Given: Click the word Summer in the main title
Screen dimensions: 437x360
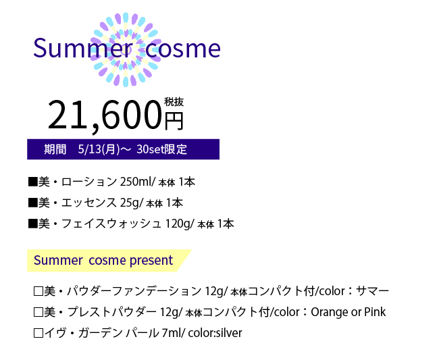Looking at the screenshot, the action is click(83, 48).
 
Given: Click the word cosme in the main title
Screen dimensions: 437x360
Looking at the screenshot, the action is click(183, 49).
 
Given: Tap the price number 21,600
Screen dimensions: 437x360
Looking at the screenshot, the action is click(105, 115).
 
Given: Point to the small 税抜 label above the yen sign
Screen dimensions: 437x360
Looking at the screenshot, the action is click(174, 102).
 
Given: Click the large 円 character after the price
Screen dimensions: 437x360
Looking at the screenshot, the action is click(174, 121).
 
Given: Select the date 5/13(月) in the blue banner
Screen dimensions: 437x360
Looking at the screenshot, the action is click(99, 149).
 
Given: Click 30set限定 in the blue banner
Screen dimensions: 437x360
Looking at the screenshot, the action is click(161, 149).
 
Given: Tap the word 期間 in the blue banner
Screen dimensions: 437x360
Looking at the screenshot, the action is click(55, 149).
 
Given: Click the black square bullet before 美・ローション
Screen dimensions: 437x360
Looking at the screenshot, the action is click(33, 182).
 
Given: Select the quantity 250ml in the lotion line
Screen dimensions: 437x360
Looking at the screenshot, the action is click(136, 182).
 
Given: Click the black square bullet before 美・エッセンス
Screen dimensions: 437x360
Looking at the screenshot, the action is click(33, 203).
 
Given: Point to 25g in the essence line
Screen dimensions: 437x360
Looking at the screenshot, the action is click(130, 203).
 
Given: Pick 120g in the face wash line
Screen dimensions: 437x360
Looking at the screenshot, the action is click(178, 224).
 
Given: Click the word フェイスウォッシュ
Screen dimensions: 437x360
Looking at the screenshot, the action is click(111, 224).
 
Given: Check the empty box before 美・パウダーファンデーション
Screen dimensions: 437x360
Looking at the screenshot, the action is click(38, 291).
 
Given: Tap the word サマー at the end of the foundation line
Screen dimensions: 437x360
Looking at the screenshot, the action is click(372, 291).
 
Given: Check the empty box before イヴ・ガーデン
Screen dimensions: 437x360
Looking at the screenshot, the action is click(38, 333).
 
